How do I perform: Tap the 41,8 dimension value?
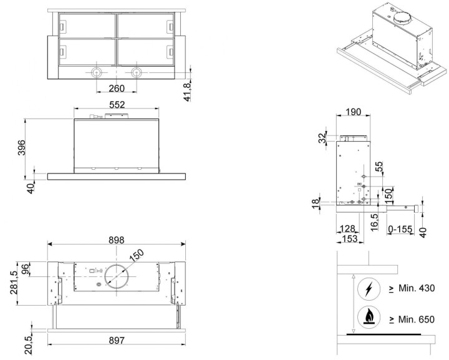[x=187, y=92]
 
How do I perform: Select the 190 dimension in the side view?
[x=354, y=112]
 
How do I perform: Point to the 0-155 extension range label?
[x=400, y=230]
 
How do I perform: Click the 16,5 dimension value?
[x=375, y=223]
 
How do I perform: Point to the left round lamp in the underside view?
[x=97, y=72]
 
